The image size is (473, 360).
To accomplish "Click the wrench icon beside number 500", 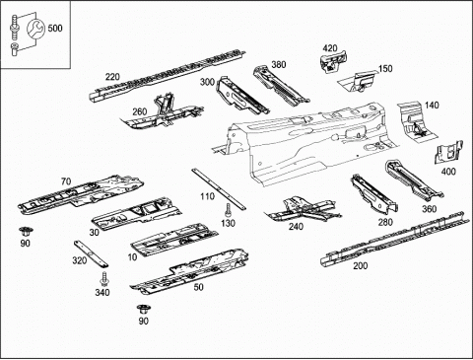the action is click(x=35, y=29).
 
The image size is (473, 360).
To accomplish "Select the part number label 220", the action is click(x=112, y=77).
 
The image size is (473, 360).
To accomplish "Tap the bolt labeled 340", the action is click(x=104, y=279).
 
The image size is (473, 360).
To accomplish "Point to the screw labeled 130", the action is click(x=228, y=210).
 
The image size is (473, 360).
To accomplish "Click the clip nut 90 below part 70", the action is click(x=24, y=232).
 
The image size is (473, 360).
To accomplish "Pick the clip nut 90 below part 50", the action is click(x=142, y=310).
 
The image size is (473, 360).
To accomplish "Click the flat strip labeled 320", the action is click(x=91, y=253).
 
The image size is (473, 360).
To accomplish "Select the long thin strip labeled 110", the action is click(x=219, y=189).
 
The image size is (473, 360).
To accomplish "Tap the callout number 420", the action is click(x=330, y=48).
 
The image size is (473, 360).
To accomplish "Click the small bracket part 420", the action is click(x=333, y=61).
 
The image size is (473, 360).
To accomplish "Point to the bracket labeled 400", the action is click(x=448, y=152).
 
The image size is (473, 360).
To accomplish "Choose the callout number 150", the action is click(x=385, y=69).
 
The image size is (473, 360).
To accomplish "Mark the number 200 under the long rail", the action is click(x=361, y=266).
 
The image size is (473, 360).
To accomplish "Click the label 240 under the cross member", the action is click(x=296, y=227).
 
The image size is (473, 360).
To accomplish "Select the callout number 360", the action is click(x=429, y=209).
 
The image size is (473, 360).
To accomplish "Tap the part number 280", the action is click(x=385, y=223).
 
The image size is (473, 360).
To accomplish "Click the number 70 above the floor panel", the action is click(x=66, y=181).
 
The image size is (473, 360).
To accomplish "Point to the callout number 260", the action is click(x=140, y=112).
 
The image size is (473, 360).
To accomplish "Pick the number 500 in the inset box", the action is click(x=55, y=29).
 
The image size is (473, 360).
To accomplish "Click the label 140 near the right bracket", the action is click(x=432, y=106).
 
